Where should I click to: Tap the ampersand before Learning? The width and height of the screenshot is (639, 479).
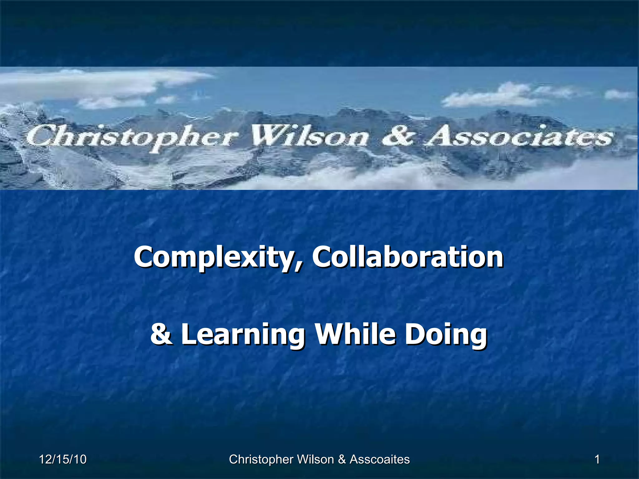point(161,334)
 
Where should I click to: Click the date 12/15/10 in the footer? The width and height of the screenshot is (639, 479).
point(63,459)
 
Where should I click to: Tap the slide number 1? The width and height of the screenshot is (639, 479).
point(597,459)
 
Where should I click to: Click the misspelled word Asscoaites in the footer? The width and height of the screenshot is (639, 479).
point(379,459)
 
